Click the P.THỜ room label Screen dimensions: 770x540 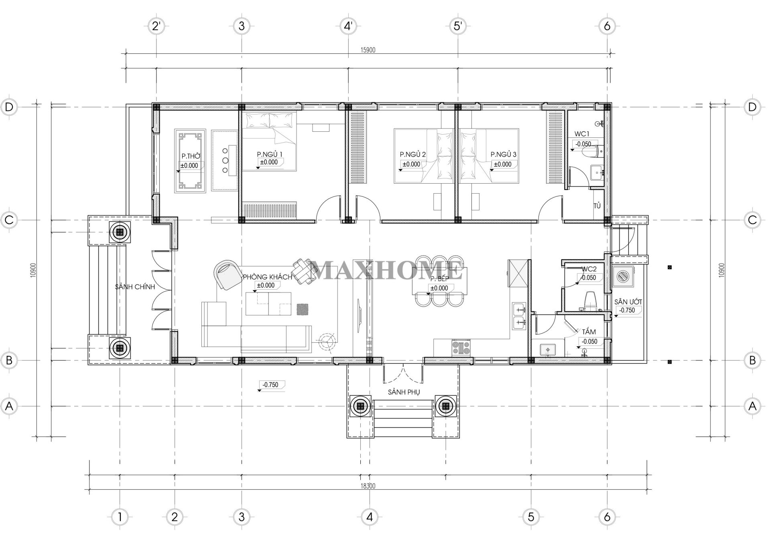tap(191, 156)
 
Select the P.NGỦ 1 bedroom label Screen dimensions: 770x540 tap(270, 154)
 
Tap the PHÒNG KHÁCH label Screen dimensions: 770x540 tap(267, 277)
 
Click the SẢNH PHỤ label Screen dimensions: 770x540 tap(404, 392)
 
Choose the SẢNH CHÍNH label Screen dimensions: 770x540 tap(135, 287)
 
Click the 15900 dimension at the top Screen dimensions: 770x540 tap(368, 50)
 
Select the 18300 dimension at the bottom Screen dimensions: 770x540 tap(368, 486)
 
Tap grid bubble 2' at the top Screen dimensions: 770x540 tap(156, 26)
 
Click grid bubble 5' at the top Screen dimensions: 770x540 tap(457, 26)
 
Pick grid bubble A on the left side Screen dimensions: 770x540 tap(9, 406)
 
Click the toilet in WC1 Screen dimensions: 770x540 tap(591, 151)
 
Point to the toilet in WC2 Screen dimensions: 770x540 tap(590, 300)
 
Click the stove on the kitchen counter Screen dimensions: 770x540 tap(461, 347)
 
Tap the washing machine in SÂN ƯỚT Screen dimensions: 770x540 tap(622, 276)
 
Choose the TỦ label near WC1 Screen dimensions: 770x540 tap(597, 206)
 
